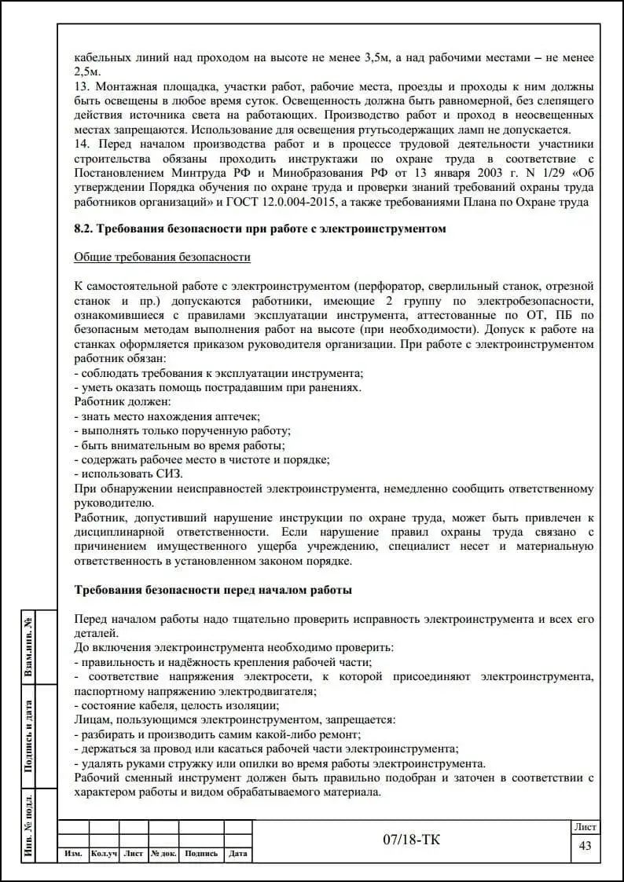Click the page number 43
[585, 845]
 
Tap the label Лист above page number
[585, 827]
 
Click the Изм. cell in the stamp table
[73, 854]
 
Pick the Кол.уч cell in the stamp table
[103, 854]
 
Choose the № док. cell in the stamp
[163, 854]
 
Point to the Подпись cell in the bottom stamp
[201, 854]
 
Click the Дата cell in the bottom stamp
[238, 854]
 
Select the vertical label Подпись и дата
[28, 735]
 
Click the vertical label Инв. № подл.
[28, 825]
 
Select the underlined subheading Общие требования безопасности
[162, 257]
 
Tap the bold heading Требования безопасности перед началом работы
[212, 590]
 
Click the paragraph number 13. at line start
[81, 86]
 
